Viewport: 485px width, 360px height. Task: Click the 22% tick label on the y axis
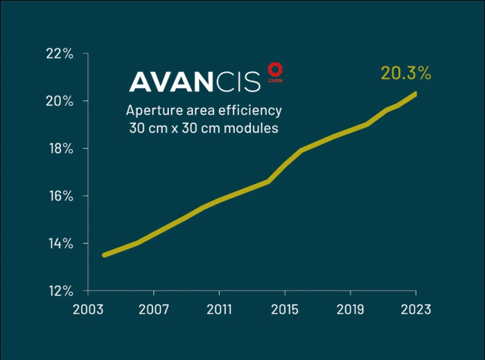(59, 54)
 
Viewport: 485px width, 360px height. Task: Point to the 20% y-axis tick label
(59, 101)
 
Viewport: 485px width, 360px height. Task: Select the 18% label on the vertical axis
(59, 149)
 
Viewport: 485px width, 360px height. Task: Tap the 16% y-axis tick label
(59, 196)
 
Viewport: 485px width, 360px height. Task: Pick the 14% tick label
(59, 243)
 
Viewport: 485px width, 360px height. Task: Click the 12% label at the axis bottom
(59, 291)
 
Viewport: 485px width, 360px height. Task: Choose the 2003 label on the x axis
(88, 309)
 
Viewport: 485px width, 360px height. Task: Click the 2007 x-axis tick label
(153, 309)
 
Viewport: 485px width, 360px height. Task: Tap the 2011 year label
(219, 309)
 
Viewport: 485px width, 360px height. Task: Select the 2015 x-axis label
(284, 309)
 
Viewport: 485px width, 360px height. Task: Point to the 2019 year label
(350, 309)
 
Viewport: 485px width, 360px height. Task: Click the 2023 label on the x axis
(415, 309)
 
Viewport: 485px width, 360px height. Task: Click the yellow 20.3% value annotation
(406, 73)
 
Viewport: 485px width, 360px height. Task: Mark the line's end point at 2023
(415, 93)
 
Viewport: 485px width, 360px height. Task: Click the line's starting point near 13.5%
(104, 255)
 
